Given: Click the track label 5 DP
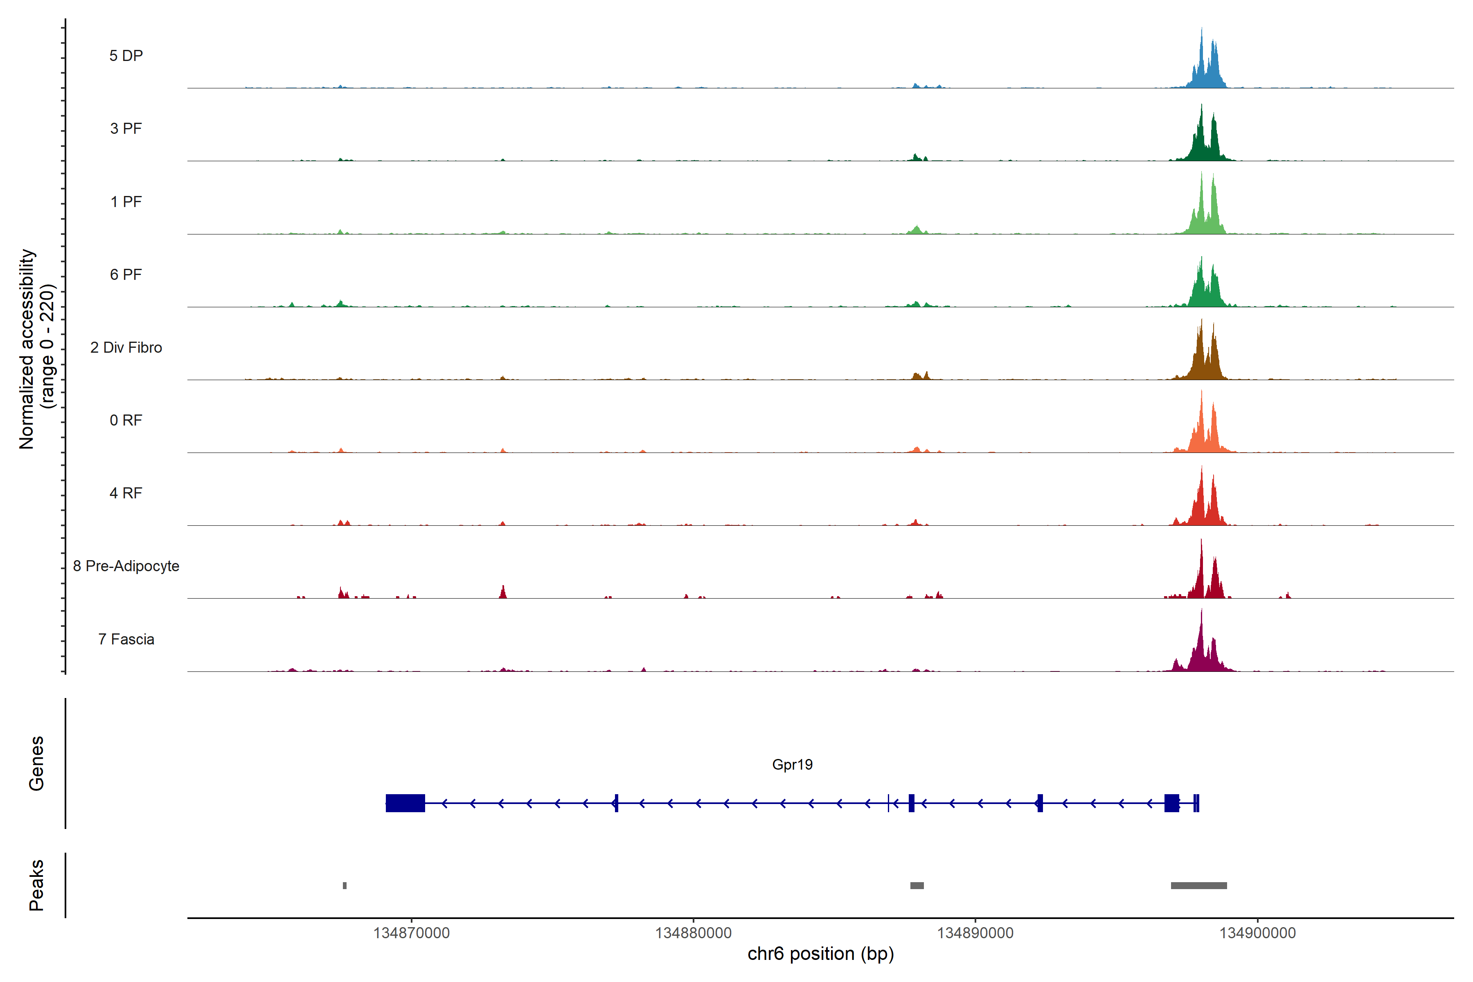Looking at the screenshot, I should [126, 56].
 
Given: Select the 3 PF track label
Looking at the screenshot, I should [126, 128].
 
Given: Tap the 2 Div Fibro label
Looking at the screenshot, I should [126, 347].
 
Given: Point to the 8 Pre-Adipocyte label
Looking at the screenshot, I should [126, 566].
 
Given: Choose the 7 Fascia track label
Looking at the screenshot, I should [126, 640].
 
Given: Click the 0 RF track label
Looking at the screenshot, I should [126, 420].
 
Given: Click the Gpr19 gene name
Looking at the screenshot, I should [792, 765].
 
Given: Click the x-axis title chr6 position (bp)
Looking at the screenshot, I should [820, 954].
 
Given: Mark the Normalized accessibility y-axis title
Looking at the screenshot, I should [36, 349].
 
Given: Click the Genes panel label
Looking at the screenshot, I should [36, 764].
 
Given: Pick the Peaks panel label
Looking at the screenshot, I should [36, 885].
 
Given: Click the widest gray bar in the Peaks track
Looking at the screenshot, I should [1199, 885].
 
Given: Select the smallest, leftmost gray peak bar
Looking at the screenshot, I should [345, 885].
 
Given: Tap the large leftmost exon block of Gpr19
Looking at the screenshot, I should [405, 803].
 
